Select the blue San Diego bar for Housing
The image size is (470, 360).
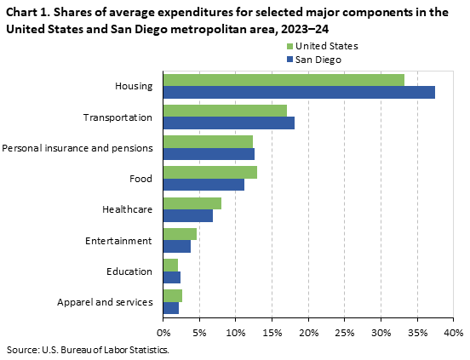pos(299,92)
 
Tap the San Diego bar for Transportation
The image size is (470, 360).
pos(228,123)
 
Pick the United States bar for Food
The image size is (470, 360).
pos(209,172)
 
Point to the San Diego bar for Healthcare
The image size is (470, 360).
pos(187,215)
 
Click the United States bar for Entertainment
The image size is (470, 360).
pos(180,234)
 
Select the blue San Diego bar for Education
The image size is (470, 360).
pos(171,277)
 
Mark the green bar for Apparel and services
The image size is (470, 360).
pos(172,295)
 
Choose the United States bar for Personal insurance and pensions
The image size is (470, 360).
pos(208,141)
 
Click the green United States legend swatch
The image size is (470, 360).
pos(289,45)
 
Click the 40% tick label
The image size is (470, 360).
pos(453,331)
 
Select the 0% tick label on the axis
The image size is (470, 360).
pos(163,331)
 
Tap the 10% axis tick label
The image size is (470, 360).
pos(235,331)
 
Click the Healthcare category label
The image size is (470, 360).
pos(127,209)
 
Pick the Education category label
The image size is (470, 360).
pos(129,271)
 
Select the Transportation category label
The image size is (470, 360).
pos(117,117)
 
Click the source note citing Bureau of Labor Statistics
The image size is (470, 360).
pos(88,349)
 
